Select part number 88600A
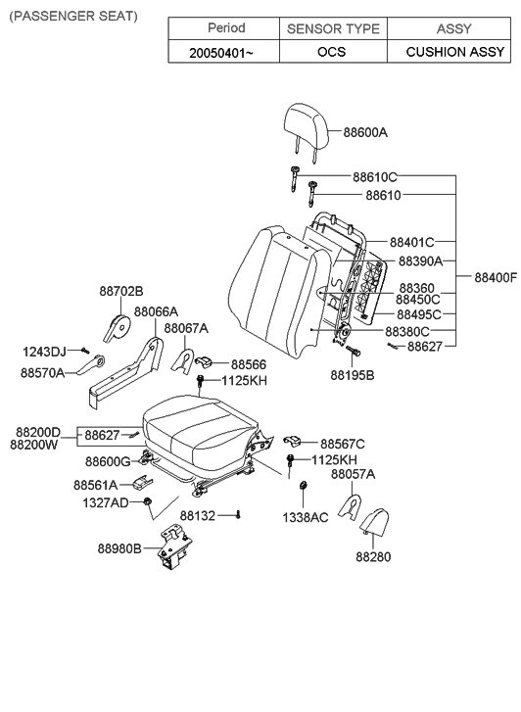[365, 132]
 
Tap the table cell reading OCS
[332, 52]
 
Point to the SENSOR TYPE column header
[332, 28]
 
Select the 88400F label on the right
[496, 278]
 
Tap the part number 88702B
[121, 291]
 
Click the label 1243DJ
[44, 351]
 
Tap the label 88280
[372, 556]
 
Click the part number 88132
[201, 514]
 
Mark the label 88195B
[352, 374]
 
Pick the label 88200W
[35, 445]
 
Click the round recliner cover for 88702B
[118, 324]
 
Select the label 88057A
[353, 474]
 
